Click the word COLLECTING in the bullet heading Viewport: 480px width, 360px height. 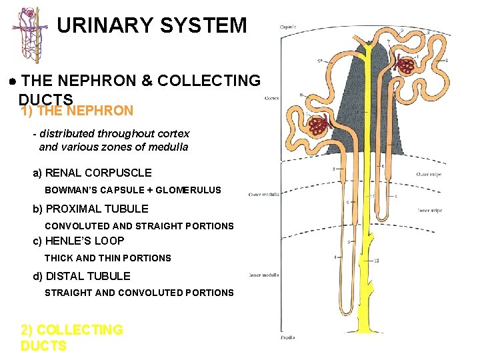point(216,81)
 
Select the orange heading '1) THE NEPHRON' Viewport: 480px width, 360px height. point(77,111)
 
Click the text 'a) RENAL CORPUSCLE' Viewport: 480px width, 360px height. point(92,173)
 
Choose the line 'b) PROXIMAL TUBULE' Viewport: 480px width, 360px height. point(91,209)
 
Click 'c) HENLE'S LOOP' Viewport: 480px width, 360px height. point(79,241)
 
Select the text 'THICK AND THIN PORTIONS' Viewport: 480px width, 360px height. point(107,258)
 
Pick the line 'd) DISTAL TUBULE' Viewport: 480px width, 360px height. point(82,276)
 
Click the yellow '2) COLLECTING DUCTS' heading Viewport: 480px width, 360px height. point(71,337)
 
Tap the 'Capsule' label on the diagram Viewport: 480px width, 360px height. point(288,27)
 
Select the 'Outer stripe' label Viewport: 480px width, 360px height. point(429,175)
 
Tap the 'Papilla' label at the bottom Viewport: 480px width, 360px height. point(287,337)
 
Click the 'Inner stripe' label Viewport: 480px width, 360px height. point(429,211)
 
